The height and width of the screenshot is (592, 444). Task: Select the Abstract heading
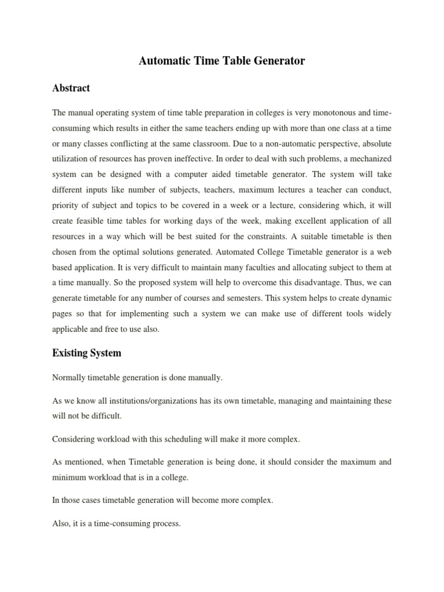point(71,88)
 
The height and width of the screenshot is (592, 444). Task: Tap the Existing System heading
point(87,352)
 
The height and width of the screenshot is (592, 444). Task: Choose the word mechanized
point(370,157)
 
